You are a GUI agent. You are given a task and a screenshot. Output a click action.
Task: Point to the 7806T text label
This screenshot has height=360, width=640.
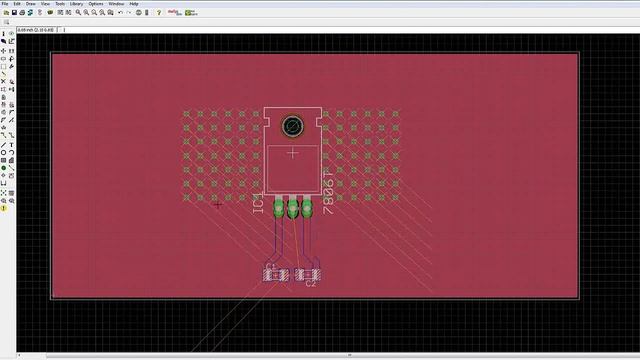point(329,191)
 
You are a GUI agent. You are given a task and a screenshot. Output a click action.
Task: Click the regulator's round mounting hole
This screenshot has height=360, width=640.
point(293,126)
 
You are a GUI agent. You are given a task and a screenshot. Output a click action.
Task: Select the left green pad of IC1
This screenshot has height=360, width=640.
point(278,209)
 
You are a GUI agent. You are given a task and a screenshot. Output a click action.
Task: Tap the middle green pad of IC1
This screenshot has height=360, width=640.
point(293,209)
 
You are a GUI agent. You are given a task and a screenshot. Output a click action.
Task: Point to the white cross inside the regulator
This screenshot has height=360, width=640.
point(293,153)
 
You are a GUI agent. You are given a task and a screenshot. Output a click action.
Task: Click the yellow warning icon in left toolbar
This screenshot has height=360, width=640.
point(4,208)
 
